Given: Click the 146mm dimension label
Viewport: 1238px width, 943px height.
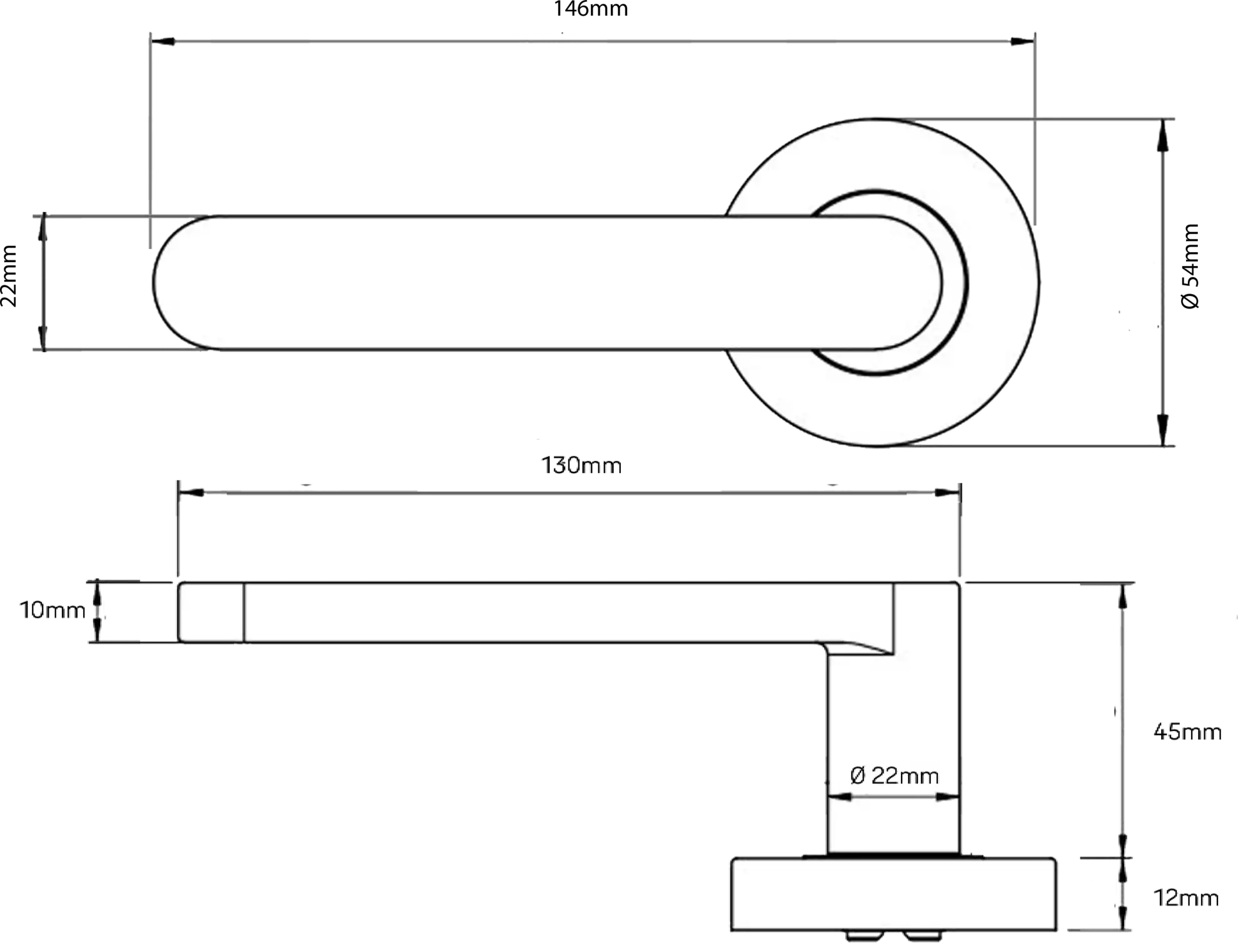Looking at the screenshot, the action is click(x=591, y=9).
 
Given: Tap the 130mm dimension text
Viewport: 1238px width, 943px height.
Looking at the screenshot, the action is click(x=581, y=466).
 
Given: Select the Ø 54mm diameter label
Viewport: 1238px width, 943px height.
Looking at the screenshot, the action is click(x=1190, y=266).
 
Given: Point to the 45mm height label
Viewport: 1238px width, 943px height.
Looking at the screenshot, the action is click(x=1187, y=731).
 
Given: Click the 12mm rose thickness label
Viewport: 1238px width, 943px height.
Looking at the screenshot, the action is click(x=1186, y=898).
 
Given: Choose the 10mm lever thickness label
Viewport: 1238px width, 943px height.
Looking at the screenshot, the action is click(x=53, y=610).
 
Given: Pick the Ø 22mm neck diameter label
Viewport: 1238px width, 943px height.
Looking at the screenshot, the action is click(x=895, y=776).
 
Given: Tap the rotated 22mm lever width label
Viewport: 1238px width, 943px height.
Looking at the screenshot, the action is click(x=9, y=276).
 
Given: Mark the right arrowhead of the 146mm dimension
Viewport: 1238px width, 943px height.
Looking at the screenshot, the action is click(x=1023, y=41).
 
